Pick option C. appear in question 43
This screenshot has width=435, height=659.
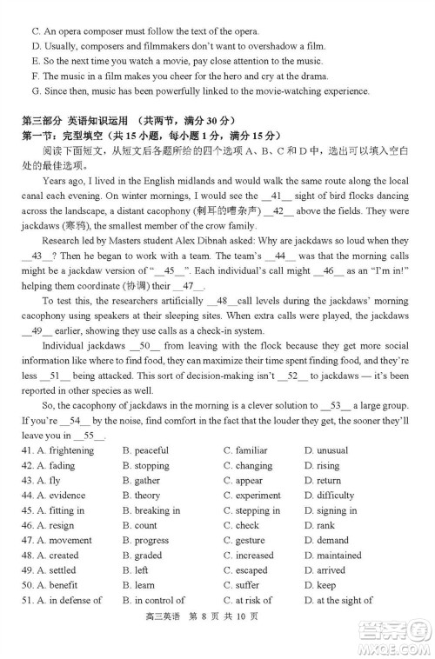tap(243, 480)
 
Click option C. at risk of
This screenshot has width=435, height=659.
tap(247, 600)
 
